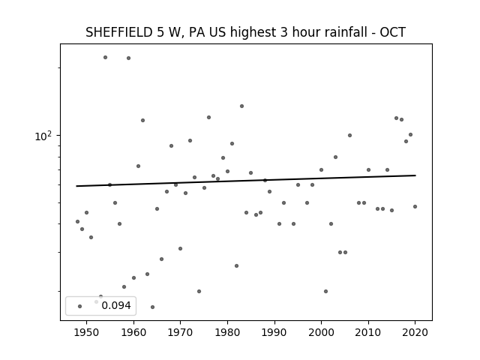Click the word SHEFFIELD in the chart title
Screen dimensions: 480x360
(118, 32)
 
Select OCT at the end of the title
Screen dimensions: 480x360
(393, 32)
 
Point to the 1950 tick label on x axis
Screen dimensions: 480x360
(87, 332)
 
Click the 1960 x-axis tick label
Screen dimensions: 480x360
(133, 332)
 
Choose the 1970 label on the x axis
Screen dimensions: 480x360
(180, 332)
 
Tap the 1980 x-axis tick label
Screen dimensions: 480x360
(227, 332)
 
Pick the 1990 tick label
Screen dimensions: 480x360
(274, 332)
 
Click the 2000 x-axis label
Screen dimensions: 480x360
(321, 332)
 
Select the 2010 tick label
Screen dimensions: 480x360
(368, 332)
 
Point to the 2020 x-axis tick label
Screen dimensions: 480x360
(415, 332)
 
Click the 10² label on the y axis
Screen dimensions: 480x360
(43, 136)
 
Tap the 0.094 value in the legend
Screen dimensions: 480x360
(116, 305)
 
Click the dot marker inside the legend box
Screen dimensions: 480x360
(80, 306)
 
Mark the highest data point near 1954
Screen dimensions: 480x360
(105, 57)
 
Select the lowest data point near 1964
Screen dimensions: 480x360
(152, 307)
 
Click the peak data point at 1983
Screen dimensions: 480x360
(241, 106)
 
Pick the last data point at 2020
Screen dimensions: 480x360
(415, 207)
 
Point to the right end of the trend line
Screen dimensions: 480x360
(415, 175)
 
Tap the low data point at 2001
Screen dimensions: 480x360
(325, 291)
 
